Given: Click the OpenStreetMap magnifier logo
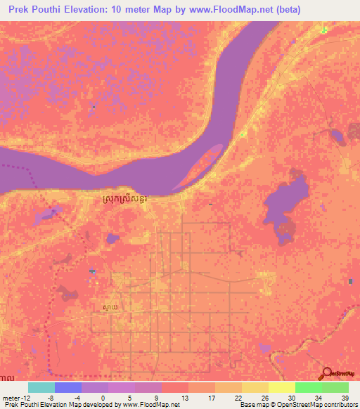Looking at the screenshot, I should pyautogui.click(x=328, y=374).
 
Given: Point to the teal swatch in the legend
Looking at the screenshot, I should pyautogui.click(x=41, y=387).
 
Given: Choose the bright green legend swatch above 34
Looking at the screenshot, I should pyautogui.click(x=309, y=387).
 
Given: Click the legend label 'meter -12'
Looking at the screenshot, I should pyautogui.click(x=15, y=397).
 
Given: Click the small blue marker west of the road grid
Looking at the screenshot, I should pyautogui.click(x=92, y=271).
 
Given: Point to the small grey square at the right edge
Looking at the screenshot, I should pyautogui.click(x=351, y=282).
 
